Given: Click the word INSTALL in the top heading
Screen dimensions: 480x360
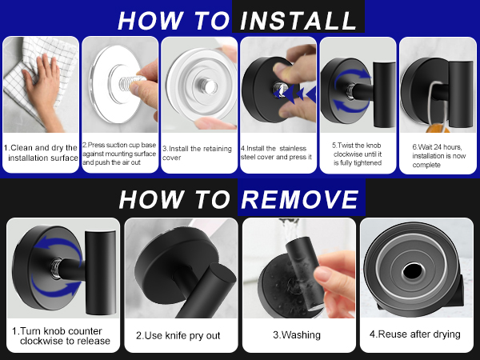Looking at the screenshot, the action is tap(298, 21).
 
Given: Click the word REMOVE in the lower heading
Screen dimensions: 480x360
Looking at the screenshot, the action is tap(300, 199).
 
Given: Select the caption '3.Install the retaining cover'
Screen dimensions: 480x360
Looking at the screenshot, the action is tap(197, 153).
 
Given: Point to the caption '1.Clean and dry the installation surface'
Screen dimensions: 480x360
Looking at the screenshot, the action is tap(41, 153).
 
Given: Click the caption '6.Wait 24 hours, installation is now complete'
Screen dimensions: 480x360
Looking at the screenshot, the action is tap(438, 156).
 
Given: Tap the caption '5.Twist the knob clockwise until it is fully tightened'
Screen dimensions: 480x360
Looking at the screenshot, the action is tap(358, 154).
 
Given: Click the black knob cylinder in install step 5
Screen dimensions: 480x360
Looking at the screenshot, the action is tap(384, 94).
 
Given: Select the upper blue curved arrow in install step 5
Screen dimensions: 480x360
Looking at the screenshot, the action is tap(352, 76).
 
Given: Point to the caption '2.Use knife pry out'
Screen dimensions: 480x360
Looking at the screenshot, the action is tap(178, 335).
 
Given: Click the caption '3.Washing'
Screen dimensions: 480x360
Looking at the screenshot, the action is tap(297, 335).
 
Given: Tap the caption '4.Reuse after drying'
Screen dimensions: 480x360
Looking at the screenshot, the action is tap(414, 334).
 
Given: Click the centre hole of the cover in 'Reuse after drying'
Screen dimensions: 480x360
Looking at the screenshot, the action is tap(412, 271).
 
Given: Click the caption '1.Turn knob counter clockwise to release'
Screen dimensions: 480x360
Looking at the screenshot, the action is tap(61, 336).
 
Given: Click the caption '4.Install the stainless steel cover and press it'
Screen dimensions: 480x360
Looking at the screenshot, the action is tap(276, 153).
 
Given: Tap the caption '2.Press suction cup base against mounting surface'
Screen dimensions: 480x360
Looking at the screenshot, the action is tap(119, 154).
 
